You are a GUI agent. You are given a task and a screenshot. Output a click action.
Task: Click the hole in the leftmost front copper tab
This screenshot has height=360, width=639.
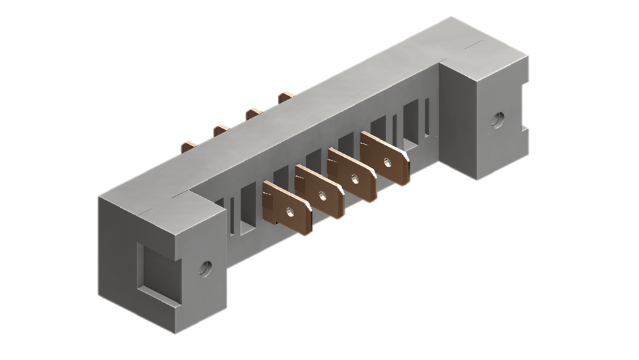(x=289, y=212)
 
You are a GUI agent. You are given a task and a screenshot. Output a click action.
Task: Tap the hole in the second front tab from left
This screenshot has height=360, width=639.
(x=322, y=196)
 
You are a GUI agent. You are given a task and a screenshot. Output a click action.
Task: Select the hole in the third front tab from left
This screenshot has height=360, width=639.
(x=354, y=179)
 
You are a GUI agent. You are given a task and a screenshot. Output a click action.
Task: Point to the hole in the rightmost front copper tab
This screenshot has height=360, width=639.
(x=386, y=162)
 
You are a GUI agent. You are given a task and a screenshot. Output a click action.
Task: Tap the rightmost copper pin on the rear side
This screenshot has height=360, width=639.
(x=285, y=96)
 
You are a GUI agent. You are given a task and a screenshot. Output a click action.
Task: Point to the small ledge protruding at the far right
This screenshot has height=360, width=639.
(x=525, y=127)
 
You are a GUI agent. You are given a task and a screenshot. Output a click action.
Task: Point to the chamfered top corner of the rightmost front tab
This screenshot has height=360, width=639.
(x=406, y=155)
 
